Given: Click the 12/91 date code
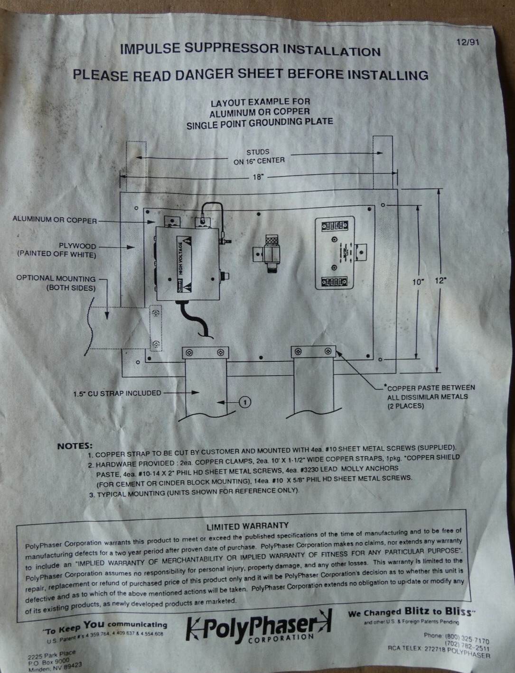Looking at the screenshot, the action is point(468,42).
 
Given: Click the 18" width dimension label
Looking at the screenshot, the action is point(258,177).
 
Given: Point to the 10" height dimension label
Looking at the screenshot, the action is point(417,282).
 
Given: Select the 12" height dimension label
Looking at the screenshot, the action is point(440,281).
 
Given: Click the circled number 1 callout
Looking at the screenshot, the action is point(245,402).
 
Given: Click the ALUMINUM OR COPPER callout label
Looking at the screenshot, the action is point(55,220).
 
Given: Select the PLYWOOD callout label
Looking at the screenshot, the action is point(77,246).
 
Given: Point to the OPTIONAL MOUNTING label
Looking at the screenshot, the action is point(56,278).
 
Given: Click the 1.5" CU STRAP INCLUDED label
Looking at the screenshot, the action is point(117,393).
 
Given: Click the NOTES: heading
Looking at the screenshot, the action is point(75,446).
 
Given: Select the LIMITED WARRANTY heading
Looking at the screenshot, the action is point(247,526).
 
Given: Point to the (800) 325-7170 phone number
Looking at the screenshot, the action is point(467,637).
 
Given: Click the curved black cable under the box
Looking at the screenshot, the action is point(197,321).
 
